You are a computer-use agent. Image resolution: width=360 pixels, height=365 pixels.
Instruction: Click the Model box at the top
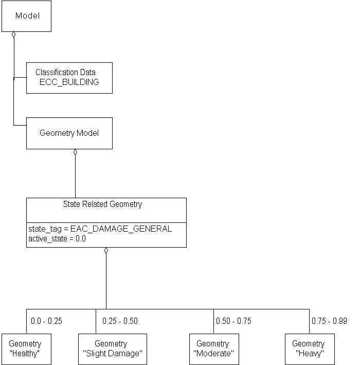pyautogui.click(x=27, y=16)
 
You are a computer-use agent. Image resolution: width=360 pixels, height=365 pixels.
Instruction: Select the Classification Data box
pyautogui.click(x=69, y=78)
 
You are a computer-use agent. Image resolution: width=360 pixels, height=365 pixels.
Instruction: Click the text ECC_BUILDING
pyautogui.click(x=69, y=82)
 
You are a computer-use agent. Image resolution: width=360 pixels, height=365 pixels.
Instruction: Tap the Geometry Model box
pyautogui.click(x=69, y=133)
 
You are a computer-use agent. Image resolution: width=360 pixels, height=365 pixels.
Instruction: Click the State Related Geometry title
pyautogui.click(x=102, y=204)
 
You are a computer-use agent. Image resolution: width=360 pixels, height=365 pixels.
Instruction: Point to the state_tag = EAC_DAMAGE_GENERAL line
pyautogui.click(x=100, y=229)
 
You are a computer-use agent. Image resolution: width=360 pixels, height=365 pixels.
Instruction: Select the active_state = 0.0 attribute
pyautogui.click(x=57, y=239)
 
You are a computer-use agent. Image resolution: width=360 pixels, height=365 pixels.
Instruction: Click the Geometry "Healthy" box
pyautogui.click(x=25, y=349)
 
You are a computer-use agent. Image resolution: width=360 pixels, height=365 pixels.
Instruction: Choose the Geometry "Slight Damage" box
pyautogui.click(x=112, y=349)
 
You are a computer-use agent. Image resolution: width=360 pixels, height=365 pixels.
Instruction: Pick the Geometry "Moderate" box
pyautogui.click(x=213, y=349)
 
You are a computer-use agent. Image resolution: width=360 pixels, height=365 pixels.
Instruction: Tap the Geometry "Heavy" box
pyautogui.click(x=309, y=349)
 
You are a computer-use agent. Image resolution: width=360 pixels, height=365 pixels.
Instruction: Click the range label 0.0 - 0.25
pyautogui.click(x=46, y=321)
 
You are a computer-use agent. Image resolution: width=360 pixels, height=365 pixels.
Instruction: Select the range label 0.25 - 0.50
pyautogui.click(x=120, y=321)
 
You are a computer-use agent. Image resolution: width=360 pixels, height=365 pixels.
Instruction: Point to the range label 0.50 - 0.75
pyautogui.click(x=233, y=321)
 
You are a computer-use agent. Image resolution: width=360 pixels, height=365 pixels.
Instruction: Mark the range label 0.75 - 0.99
pyautogui.click(x=329, y=321)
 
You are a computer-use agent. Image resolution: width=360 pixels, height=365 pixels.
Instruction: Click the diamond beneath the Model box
pyautogui.click(x=14, y=35)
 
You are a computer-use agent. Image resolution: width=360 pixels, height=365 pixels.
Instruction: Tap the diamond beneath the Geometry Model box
pyautogui.click(x=75, y=152)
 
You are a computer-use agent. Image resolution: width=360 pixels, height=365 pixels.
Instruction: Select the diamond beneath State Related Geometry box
pyautogui.click(x=106, y=251)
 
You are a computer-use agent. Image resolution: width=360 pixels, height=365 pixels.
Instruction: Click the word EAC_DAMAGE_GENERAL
pyautogui.click(x=128, y=229)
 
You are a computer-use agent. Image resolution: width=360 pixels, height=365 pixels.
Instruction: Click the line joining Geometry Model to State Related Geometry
pyautogui.click(x=75, y=178)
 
